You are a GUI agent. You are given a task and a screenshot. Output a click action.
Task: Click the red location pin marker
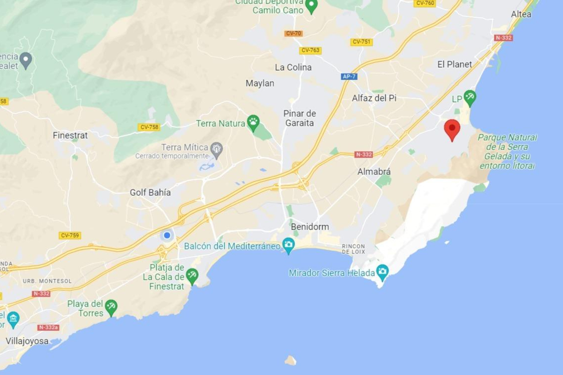coord(452,129)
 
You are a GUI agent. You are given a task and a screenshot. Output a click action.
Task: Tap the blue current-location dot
coord(167,235)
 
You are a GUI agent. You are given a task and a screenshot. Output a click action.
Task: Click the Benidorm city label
coord(310,226)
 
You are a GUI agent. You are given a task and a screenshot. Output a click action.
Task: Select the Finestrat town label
coord(70,135)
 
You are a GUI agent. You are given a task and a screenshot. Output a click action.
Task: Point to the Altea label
coord(521,14)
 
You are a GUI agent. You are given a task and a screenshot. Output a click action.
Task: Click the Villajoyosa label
coord(27,341)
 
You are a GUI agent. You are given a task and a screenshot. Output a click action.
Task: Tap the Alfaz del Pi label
coord(374,98)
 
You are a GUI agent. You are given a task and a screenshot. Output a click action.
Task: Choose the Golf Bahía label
coord(150,192)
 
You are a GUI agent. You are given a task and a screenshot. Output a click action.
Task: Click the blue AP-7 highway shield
coord(349,76)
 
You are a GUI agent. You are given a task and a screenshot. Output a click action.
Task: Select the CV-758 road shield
coord(149,127)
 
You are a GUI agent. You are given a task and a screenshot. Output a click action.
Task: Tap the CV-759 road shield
coord(70,235)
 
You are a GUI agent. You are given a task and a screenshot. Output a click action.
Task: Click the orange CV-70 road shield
coord(293,33)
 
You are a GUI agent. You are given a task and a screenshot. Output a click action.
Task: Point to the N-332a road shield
coord(48,327)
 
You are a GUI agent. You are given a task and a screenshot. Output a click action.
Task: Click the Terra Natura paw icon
coord(253,122)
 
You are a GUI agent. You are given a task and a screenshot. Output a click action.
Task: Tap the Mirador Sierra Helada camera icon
coord(382,271)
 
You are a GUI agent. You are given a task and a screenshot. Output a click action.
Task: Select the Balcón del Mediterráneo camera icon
coord(289,244)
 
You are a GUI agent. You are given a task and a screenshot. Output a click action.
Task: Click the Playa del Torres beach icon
coord(111,307)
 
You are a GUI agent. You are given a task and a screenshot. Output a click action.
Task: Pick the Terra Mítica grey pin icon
coord(217,149)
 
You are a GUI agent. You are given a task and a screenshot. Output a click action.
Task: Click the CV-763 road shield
coord(310,50)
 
